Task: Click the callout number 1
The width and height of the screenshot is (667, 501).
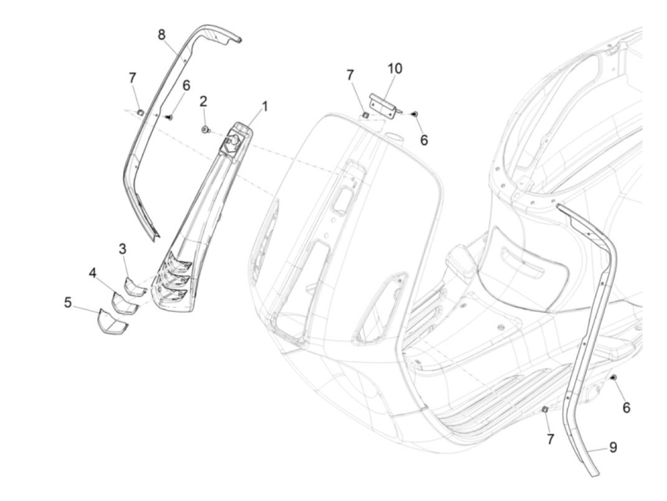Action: coord(265,106)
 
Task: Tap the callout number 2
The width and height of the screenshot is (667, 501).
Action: coord(203,101)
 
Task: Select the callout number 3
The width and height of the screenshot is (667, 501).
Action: coord(122,249)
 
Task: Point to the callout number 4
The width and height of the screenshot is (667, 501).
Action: coord(92,273)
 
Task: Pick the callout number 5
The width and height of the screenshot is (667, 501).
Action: coord(68,302)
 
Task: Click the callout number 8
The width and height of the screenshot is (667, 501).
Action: coord(162,34)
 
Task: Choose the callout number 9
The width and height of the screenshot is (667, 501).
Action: coord(613,447)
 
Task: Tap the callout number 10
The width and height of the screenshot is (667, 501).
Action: coord(394,69)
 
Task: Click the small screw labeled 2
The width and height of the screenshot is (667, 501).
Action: coord(205,129)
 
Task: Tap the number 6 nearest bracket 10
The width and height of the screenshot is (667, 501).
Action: coord(424,140)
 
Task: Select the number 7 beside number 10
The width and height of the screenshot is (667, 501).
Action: coord(350,75)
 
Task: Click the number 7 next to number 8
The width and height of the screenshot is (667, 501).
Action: coord(132,77)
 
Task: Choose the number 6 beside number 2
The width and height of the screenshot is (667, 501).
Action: coord(186,86)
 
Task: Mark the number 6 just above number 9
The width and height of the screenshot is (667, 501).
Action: coord(626,408)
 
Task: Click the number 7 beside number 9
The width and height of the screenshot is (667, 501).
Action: coord(550,439)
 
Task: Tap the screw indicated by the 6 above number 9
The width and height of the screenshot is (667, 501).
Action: coord(614,378)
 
